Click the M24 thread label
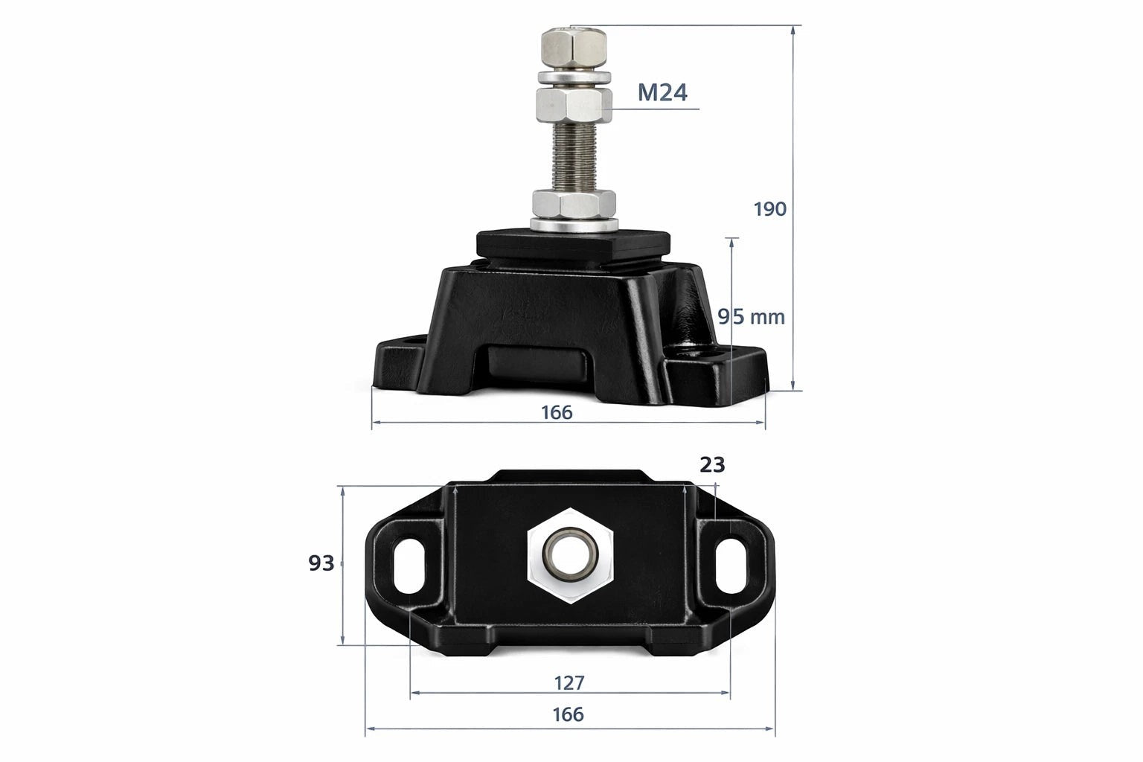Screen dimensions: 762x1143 (x=662, y=92)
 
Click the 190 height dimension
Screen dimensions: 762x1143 (x=769, y=209)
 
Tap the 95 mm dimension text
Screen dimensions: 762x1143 (x=751, y=317)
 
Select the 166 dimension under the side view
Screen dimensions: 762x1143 (x=557, y=412)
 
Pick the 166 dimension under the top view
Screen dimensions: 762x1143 (x=568, y=714)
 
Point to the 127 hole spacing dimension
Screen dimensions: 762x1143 (x=569, y=682)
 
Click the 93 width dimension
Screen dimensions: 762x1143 (x=321, y=564)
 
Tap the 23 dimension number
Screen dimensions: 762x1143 (x=712, y=465)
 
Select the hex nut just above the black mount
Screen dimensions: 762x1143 (x=574, y=203)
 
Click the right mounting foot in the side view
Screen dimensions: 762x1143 (x=726, y=372)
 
